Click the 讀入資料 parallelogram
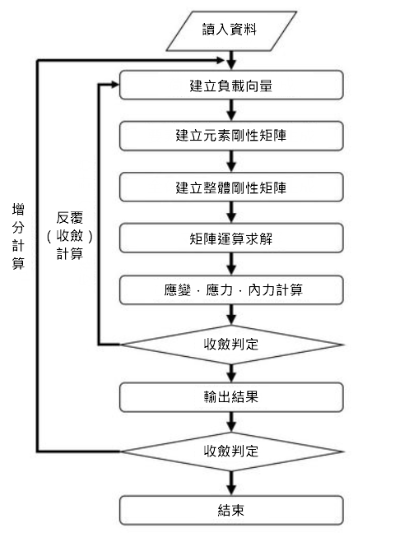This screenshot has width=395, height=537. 231,30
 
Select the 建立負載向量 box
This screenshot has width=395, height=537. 231,85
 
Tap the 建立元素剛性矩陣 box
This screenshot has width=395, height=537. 231,136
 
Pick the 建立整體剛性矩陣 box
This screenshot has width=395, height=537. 231,187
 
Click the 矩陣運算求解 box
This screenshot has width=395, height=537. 231,238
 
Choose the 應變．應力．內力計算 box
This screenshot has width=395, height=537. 231,289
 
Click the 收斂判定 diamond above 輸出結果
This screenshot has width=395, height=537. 231,345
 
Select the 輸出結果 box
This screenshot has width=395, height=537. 231,397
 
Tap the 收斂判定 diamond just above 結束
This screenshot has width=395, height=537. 231,451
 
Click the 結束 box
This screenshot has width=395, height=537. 231,511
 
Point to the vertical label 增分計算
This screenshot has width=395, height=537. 18,236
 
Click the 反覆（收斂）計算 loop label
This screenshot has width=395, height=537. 70,236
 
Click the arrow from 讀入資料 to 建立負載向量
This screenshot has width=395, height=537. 231,61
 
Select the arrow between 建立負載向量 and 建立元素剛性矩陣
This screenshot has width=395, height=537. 231,110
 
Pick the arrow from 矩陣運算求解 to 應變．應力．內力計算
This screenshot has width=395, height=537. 231,264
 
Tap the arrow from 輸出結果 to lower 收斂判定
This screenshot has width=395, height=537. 231,422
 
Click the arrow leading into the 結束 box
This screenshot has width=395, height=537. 231,484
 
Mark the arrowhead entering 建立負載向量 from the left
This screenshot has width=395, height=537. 115,85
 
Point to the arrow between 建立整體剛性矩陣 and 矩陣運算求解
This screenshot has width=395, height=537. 231,212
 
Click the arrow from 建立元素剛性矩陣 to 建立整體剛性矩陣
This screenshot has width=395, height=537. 231,161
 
